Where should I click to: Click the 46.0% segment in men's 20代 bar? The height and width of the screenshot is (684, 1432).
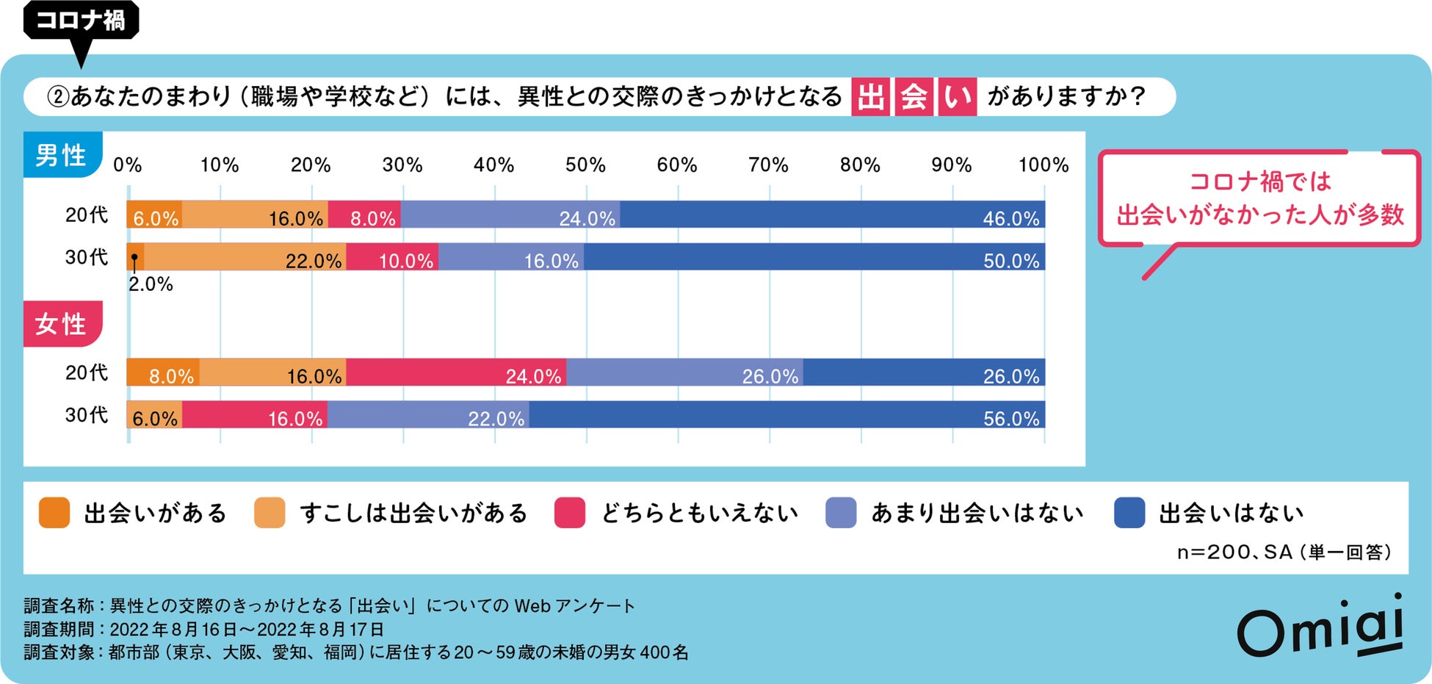tap(832, 215)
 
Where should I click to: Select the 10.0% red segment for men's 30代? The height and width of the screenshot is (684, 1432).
tap(392, 257)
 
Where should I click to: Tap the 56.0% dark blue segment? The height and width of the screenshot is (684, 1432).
tap(786, 415)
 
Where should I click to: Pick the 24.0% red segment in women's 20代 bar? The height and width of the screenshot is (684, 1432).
tap(455, 372)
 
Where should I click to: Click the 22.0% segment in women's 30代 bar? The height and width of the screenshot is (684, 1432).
tap(428, 415)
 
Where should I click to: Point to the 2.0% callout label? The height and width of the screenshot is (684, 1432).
tap(151, 284)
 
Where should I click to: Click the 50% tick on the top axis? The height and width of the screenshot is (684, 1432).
tap(585, 165)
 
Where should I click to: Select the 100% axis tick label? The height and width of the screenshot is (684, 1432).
tap(1043, 165)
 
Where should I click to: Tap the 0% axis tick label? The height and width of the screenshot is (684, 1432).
tap(128, 165)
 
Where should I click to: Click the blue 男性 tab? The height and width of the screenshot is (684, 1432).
tap(62, 155)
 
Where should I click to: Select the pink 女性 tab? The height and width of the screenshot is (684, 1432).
tap(62, 324)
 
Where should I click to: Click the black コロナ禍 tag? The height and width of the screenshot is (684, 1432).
tap(81, 20)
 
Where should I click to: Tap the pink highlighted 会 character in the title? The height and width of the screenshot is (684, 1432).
tap(914, 97)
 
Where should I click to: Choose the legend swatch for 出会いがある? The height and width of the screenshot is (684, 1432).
tap(54, 513)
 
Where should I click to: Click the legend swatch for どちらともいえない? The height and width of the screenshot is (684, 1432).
tap(570, 513)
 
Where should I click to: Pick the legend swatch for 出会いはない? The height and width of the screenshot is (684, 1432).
tap(1129, 513)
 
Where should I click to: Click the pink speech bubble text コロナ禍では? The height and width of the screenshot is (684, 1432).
tap(1259, 181)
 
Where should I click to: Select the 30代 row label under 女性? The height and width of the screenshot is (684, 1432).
tap(86, 415)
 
